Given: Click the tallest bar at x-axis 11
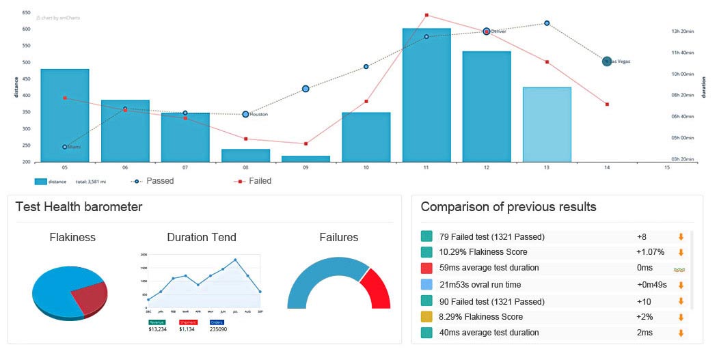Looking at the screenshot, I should [x=426, y=96].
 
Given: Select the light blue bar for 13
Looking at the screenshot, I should [x=547, y=125].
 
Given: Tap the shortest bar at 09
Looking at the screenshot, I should [x=306, y=159].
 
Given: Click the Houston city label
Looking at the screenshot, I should [x=258, y=115].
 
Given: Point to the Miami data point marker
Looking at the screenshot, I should [x=65, y=147].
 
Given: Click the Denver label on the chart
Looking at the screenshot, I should [x=498, y=31].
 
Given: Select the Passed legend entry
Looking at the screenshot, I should [x=159, y=181].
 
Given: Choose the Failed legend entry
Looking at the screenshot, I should [x=260, y=181].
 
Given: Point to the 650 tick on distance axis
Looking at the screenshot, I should [x=26, y=13].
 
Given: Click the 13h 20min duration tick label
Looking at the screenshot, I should [x=683, y=31].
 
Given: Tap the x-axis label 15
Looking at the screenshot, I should [x=666, y=168].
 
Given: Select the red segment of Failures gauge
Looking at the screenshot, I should [x=376, y=288].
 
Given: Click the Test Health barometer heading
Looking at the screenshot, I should [x=79, y=207].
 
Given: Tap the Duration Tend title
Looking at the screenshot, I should [x=202, y=238].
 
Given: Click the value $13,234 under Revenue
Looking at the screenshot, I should [x=159, y=329].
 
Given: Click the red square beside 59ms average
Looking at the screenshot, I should [x=427, y=268].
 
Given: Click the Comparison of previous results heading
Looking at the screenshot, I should [x=508, y=207].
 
